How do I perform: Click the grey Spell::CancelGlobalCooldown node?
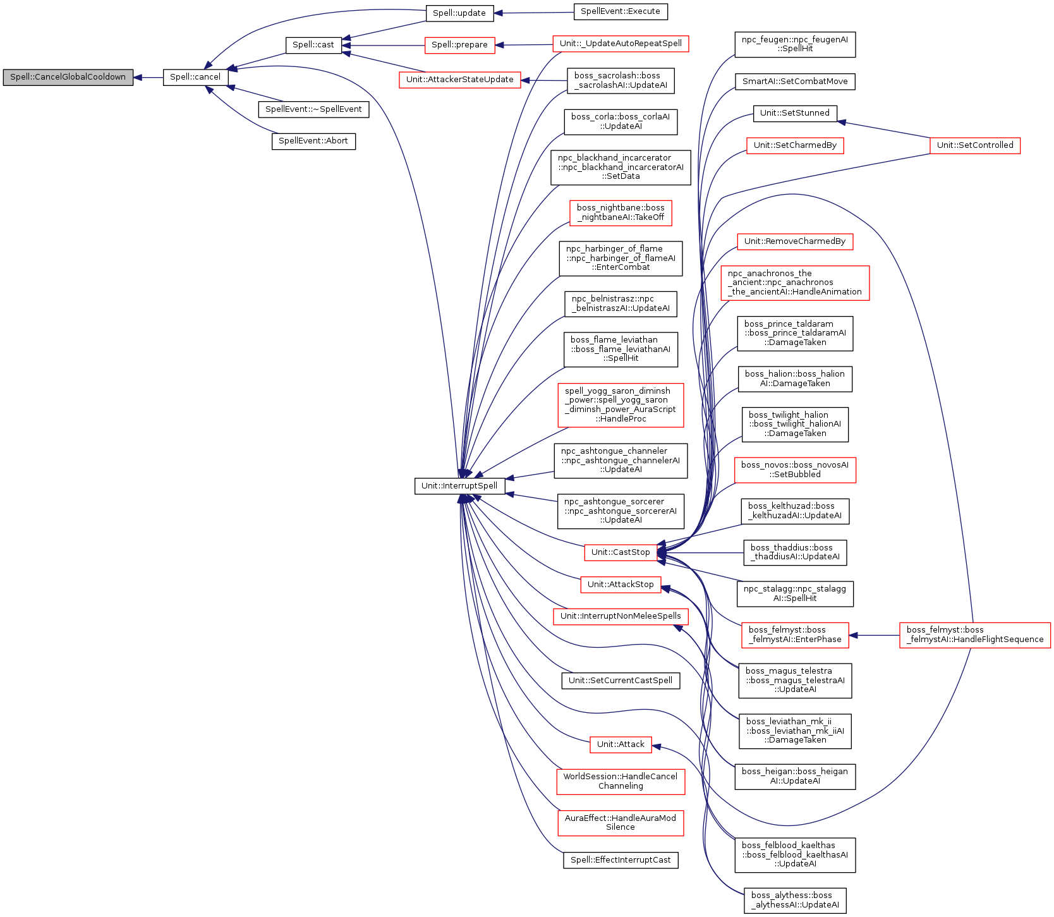(68, 77)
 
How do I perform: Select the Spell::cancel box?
(195, 77)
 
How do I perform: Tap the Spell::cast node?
(313, 45)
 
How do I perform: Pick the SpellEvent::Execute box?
(620, 11)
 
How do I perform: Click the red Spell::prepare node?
(459, 45)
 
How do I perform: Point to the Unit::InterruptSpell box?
(459, 486)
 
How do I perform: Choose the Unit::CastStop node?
(620, 552)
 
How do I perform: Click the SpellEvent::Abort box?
(313, 141)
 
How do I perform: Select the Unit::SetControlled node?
(974, 145)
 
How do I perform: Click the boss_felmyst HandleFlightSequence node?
(974, 635)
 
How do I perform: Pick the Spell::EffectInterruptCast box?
(620, 860)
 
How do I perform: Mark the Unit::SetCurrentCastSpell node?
(620, 681)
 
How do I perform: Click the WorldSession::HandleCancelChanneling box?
(620, 781)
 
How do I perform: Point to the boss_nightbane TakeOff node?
(620, 212)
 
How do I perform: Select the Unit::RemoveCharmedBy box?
(794, 241)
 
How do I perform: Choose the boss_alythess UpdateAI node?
(795, 900)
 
